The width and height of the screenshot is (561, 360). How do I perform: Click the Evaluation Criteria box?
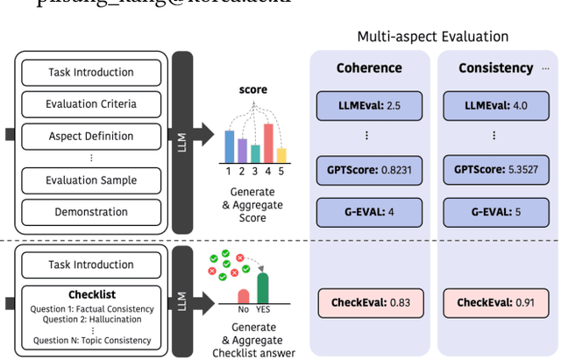coord(91,104)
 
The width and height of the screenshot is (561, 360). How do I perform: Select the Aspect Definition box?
coord(91,136)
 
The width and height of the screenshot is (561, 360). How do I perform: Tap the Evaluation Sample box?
coord(91,180)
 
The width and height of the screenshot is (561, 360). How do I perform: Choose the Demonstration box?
coord(91,212)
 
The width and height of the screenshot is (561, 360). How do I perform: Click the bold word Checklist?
coord(91,295)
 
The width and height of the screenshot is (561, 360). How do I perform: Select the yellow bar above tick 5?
coord(281,155)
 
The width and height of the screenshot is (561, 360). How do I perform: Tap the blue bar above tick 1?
coord(229,146)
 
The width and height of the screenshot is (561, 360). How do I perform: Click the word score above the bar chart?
coord(253,89)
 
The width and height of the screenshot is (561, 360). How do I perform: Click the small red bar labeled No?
coord(244,295)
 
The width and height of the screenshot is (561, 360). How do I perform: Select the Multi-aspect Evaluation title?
coord(432,37)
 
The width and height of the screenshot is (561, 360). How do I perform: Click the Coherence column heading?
coord(369,67)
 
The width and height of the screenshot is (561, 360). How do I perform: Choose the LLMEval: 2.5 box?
coord(370,105)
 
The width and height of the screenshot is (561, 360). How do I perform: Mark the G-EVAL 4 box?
coord(370,211)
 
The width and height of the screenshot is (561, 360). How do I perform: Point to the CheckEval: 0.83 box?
coord(370,303)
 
